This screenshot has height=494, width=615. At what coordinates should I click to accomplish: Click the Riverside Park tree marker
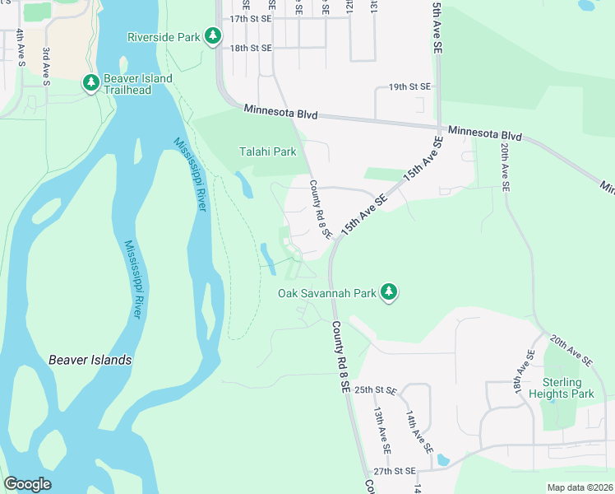[213, 35]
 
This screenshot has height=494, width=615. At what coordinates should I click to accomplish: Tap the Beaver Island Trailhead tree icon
[90, 83]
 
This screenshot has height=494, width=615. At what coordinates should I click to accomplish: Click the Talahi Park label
[267, 151]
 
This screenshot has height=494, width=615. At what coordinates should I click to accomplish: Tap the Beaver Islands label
[90, 360]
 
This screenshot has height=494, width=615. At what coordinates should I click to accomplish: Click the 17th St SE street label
[251, 18]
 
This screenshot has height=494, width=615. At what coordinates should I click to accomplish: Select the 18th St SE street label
[251, 48]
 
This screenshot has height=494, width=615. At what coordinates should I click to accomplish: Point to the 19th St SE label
[409, 86]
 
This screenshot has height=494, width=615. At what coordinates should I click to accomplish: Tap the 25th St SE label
[377, 389]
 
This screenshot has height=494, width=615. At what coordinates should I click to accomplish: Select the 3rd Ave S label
[47, 67]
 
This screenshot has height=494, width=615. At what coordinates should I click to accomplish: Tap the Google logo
[27, 484]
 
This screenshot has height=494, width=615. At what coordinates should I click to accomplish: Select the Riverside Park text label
[164, 36]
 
